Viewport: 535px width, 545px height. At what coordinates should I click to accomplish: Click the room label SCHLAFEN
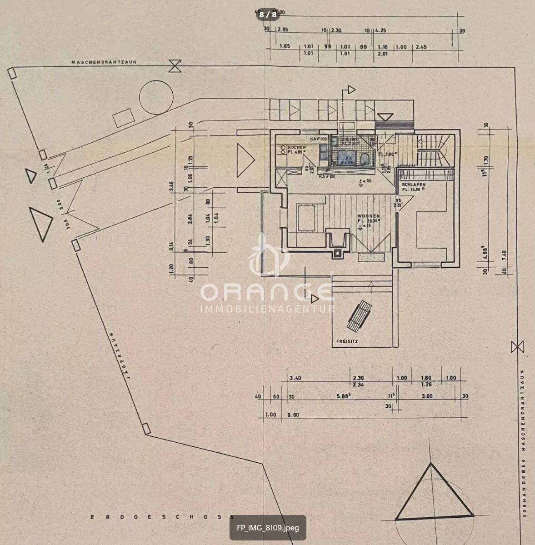coord(414,185)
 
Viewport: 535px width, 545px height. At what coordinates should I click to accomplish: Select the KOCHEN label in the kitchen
coord(297,148)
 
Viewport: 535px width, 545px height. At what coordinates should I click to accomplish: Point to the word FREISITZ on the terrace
coord(347,341)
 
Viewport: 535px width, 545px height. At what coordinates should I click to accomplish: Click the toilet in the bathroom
coord(364,159)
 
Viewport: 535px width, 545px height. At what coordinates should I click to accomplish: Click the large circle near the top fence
coord(157,97)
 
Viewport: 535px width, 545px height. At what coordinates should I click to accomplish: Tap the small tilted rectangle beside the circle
coord(123,118)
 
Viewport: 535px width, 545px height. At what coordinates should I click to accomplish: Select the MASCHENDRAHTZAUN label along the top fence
coord(104,62)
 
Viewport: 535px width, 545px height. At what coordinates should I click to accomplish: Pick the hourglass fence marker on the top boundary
coord(175,66)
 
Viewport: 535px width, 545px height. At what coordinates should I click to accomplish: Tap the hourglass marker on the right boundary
coord(517,347)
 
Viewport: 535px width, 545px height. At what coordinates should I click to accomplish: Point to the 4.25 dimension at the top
coord(381,30)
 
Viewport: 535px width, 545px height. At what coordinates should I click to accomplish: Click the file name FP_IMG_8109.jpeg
coord(268,528)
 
